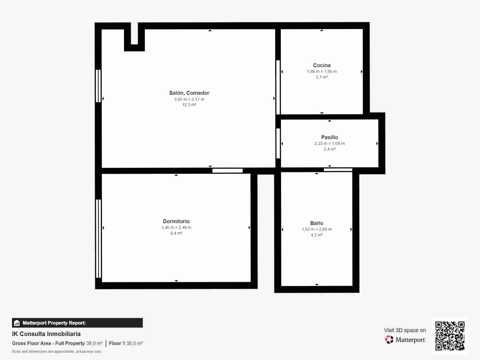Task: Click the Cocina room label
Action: coord(322,65)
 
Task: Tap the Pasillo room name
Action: coord(329,137)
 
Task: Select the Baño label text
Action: coord(316,223)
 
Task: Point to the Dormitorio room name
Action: coord(176,221)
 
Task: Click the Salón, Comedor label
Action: coord(189,93)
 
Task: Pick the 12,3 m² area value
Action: coord(189,105)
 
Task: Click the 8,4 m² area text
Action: coord(176,233)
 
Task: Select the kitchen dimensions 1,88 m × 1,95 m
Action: coord(322,71)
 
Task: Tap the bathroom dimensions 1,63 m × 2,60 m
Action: coord(316,229)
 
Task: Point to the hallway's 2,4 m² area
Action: coord(329,149)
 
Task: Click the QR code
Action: coord(450,336)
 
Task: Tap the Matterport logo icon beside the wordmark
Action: coord(389,340)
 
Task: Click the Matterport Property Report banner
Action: coord(77,323)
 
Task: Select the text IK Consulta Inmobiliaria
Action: coord(46,334)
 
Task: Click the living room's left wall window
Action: coord(98,86)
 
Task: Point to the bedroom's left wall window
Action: coord(98,239)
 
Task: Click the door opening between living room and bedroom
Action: coord(227,170)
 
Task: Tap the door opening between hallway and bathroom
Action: coord(338,170)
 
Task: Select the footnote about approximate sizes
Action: coord(57,352)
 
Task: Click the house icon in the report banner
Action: coord(17,323)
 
